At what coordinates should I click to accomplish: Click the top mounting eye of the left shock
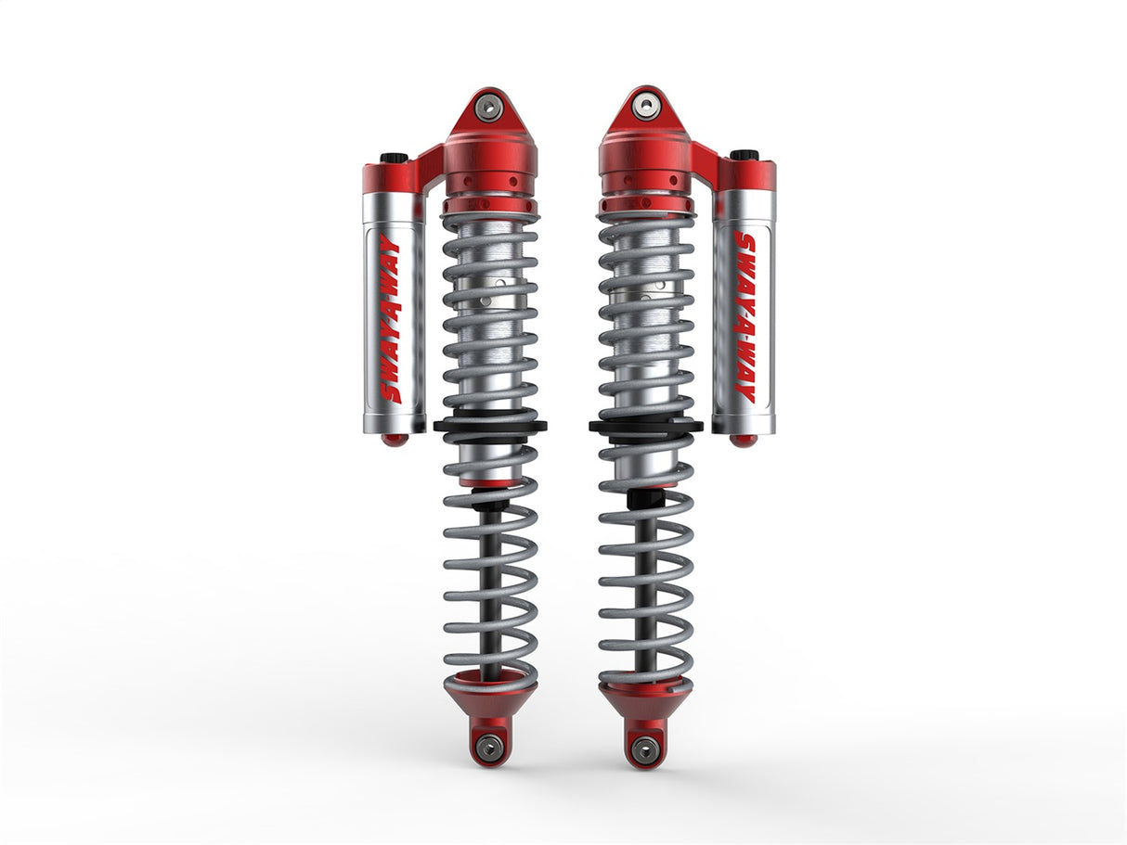[489, 107]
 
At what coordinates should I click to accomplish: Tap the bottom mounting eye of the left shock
[489, 746]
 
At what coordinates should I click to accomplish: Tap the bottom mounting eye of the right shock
[644, 747]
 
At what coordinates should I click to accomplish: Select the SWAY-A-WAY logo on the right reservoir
[745, 318]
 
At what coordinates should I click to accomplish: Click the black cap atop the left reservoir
[395, 159]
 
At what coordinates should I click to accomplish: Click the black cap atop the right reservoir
[744, 155]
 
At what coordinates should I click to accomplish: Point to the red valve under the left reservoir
[395, 440]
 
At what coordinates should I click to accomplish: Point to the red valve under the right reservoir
[743, 440]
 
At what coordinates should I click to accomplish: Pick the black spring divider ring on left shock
[489, 427]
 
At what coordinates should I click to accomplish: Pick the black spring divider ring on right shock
[644, 427]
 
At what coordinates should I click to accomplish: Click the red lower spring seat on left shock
[489, 696]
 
